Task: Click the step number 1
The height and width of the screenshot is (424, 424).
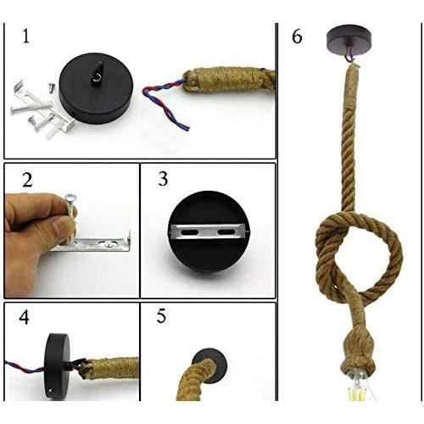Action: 26,36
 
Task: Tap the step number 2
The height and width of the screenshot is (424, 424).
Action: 27,180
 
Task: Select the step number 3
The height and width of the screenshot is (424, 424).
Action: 163,179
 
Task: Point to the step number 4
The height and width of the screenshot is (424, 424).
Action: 24,317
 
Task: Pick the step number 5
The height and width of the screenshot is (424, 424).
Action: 161,316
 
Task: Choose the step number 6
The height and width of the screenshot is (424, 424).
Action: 297,37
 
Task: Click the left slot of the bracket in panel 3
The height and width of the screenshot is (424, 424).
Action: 187,232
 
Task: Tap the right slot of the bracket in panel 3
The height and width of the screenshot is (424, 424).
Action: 226,232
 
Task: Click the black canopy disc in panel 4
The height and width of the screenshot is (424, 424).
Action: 58,366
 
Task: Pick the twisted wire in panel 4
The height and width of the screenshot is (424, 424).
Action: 25,367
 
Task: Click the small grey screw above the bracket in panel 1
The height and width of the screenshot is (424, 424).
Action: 51,86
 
